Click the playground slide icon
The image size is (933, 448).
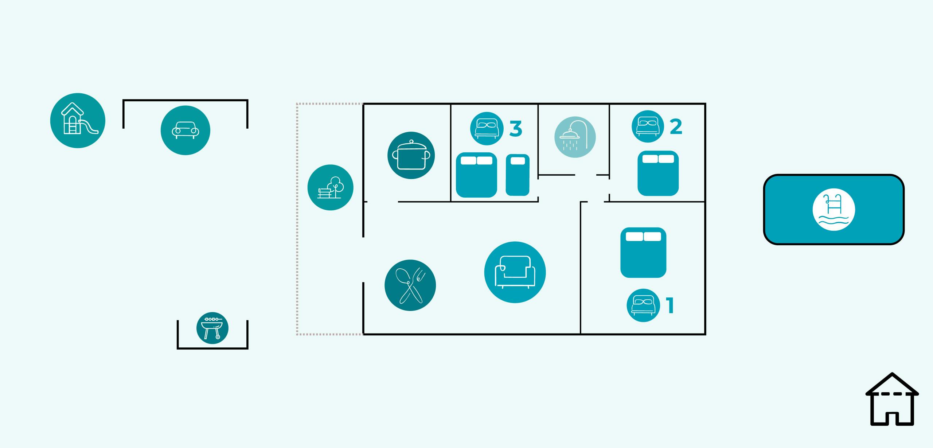pyautogui.click(x=78, y=120)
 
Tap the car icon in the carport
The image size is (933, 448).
pyautogui.click(x=185, y=130)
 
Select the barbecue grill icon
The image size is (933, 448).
pyautogui.click(x=212, y=328)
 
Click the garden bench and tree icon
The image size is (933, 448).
pyautogui.click(x=330, y=187)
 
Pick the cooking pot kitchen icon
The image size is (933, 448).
pyautogui.click(x=411, y=155)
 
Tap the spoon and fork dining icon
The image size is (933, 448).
pyautogui.click(x=410, y=285)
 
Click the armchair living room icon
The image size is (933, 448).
pyautogui.click(x=515, y=272)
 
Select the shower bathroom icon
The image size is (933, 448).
pyautogui.click(x=575, y=137)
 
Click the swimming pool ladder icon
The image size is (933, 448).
pyautogui.click(x=834, y=210)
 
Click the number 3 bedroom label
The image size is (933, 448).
pyautogui.click(x=516, y=129)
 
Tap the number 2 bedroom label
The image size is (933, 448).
pyautogui.click(x=676, y=127)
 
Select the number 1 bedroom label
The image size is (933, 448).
pyautogui.click(x=670, y=305)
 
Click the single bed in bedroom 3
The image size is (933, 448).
pyautogui.click(x=518, y=175)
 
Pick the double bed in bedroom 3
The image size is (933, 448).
pyautogui.click(x=476, y=175)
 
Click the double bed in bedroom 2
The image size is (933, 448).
pyautogui.click(x=658, y=174)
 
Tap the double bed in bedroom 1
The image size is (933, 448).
pyautogui.click(x=643, y=252)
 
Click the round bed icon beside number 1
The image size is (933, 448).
pyautogui.click(x=643, y=305)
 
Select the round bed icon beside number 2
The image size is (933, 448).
pyautogui.click(x=648, y=126)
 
